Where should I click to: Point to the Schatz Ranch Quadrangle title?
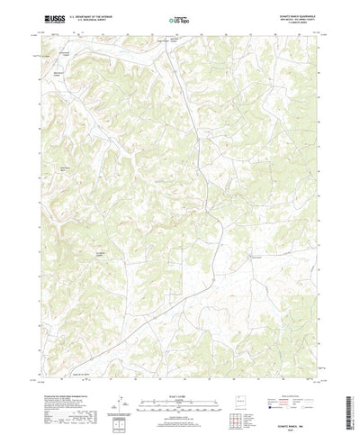point(292,14)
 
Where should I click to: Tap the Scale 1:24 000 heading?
point(179,369)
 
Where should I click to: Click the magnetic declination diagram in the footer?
point(137,382)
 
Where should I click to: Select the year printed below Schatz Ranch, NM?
point(297,412)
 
